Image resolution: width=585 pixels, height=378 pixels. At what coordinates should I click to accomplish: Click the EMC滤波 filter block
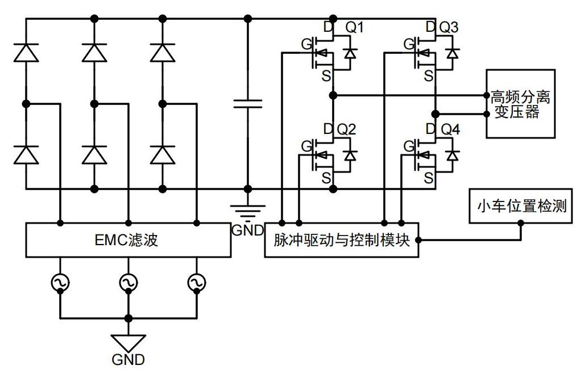tap(128, 240)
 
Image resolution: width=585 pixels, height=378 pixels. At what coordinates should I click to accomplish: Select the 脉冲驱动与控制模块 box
tap(341, 241)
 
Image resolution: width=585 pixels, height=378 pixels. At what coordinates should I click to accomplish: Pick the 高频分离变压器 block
tap(520, 103)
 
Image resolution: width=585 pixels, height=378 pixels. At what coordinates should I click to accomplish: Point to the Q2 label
tap(346, 129)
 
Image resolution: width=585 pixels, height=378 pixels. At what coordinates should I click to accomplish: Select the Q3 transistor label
tap(449, 27)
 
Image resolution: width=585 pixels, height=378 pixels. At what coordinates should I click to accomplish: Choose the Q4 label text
tap(449, 129)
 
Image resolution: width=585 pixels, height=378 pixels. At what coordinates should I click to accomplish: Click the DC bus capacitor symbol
tap(247, 103)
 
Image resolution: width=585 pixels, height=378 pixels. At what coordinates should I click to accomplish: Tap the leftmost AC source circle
tap(60, 282)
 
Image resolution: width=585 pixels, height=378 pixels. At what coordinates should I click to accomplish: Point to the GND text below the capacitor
tap(247, 230)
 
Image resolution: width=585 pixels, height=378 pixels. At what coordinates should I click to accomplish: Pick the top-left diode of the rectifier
tap(26, 52)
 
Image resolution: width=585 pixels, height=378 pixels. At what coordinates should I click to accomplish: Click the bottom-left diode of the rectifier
tap(26, 154)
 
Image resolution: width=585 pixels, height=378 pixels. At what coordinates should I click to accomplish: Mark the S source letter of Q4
tap(428, 177)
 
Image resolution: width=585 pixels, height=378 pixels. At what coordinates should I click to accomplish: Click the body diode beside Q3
tap(452, 53)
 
